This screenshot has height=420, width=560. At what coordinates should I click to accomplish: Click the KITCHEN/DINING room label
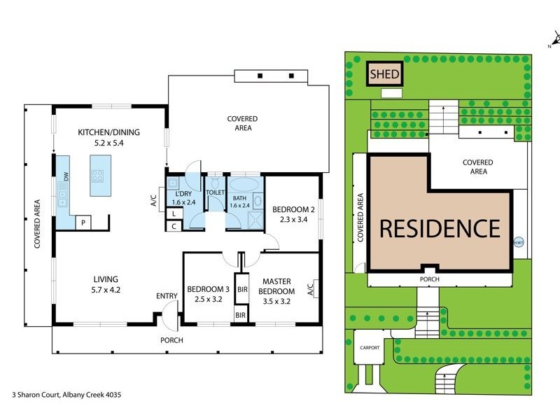108,132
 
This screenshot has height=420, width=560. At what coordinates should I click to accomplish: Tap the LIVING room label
106,279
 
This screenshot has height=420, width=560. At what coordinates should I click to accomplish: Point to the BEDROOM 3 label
208,290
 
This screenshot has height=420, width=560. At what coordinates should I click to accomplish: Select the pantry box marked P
83,223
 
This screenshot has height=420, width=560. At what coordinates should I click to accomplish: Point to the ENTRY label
167,296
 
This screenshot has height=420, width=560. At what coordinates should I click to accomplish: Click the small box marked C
173,226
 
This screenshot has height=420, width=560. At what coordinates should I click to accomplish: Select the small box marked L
173,213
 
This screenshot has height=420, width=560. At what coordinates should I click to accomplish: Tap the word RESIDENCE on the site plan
440,229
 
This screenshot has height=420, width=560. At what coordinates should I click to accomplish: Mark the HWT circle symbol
519,243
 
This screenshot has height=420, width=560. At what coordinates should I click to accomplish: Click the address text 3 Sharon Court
67,395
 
